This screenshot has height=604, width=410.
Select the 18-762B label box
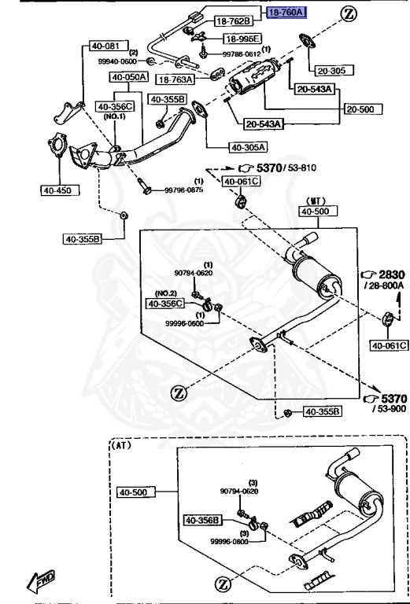[x=234, y=20]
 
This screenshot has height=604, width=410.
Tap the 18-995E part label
[x=242, y=38]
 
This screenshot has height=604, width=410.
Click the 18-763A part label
[x=175, y=79]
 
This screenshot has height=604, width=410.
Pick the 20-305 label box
[x=334, y=71]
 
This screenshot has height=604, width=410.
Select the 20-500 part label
[x=364, y=109]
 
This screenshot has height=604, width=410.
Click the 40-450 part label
[x=60, y=190]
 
